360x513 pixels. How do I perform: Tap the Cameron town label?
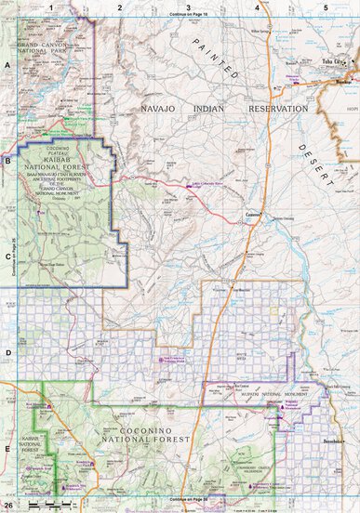coord(252,213)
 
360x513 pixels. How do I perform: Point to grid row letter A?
coord(7,65)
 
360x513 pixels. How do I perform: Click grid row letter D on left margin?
coord(7,353)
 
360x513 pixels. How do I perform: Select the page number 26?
coord(8,506)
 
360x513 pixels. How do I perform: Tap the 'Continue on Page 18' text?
coord(189,15)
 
